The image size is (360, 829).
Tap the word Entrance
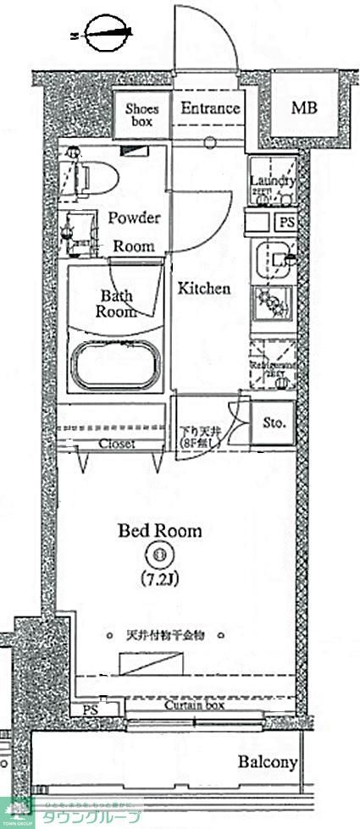[x=209, y=108]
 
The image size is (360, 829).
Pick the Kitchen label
[x=203, y=289]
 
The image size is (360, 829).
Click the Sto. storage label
[x=273, y=422]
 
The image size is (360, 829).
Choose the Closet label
[x=117, y=444]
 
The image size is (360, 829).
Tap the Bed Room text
[x=159, y=532]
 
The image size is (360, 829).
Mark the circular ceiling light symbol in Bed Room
[x=159, y=556]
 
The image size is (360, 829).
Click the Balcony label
[x=267, y=763]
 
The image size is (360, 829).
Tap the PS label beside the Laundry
[x=286, y=222]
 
